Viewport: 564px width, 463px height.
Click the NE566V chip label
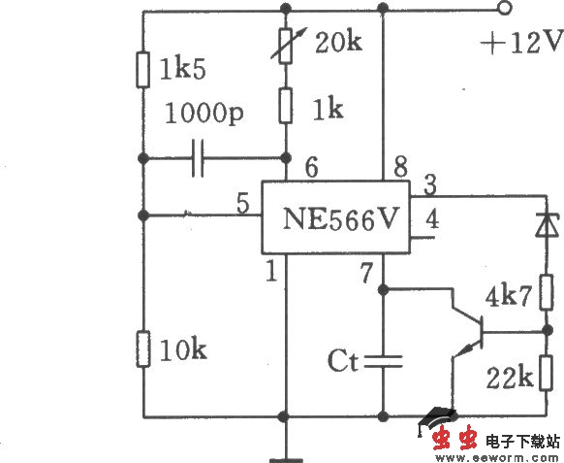pos(339,217)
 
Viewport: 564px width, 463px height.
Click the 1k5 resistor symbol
pos(142,69)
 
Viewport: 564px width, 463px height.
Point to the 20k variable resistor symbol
pos(286,47)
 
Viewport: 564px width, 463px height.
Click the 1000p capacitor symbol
pos(198,158)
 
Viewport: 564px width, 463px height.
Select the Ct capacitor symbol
pos(386,361)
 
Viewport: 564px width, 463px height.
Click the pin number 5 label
pos(242,204)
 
